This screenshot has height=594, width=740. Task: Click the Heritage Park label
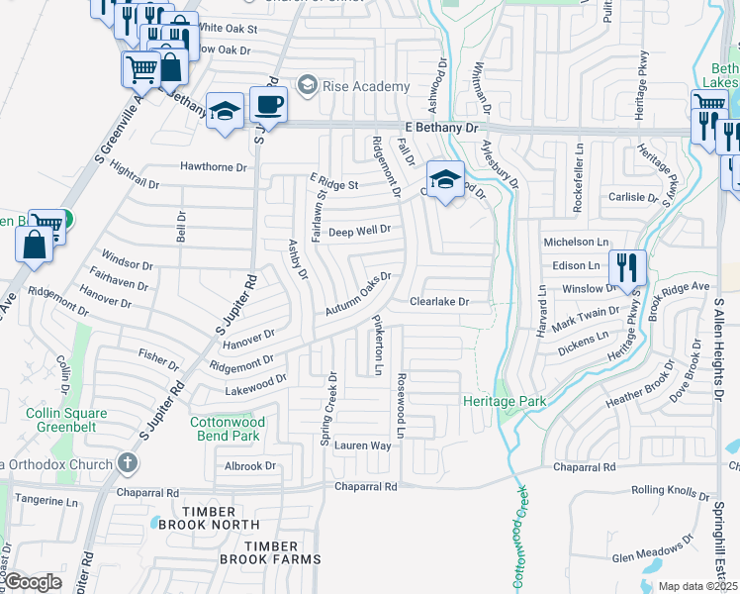tap(505, 401)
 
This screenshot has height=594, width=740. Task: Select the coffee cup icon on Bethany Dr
tap(267, 104)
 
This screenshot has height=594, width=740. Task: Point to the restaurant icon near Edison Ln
tap(627, 266)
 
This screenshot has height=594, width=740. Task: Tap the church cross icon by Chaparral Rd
tap(128, 462)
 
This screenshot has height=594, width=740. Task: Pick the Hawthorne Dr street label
tap(214, 167)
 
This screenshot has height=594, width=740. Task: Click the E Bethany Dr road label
tap(441, 129)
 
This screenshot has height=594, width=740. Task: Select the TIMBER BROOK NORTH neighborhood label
tap(213, 524)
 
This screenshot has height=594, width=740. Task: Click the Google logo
tap(34, 582)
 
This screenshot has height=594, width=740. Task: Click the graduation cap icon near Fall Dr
tap(445, 180)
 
